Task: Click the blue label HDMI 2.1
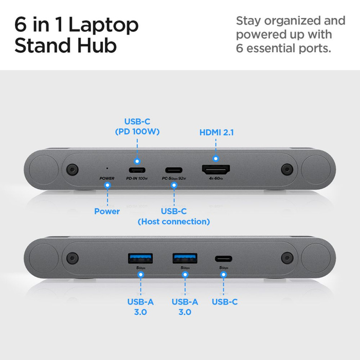(217, 132)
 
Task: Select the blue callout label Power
(107, 211)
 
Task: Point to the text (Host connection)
(174, 222)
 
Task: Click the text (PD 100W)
(137, 132)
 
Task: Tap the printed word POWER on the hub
(107, 178)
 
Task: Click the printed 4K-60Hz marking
(216, 178)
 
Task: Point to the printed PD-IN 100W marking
(137, 178)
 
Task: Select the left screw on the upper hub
(71, 169)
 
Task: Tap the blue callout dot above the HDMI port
(216, 159)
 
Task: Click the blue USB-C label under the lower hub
(225, 302)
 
